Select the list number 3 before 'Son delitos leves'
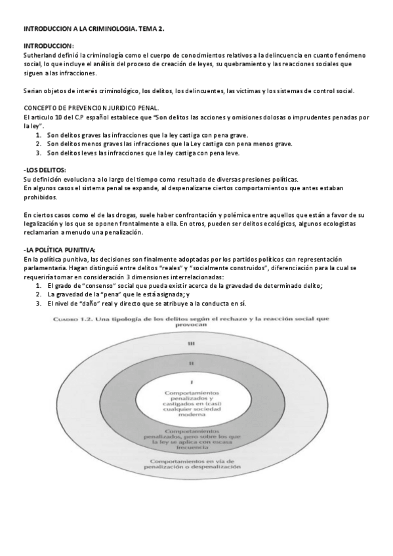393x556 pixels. tap(39, 153)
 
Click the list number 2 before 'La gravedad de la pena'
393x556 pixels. tap(39, 295)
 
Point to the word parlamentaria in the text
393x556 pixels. tap(45, 268)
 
